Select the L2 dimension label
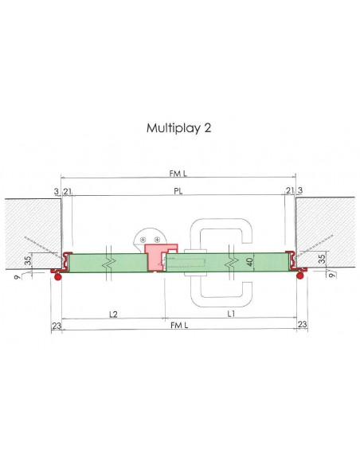coord(113,315)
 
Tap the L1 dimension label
coord(231,315)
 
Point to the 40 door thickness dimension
coord(249,260)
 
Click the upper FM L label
coord(178,173)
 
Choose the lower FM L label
coord(178,325)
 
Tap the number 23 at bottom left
coord(55,325)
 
